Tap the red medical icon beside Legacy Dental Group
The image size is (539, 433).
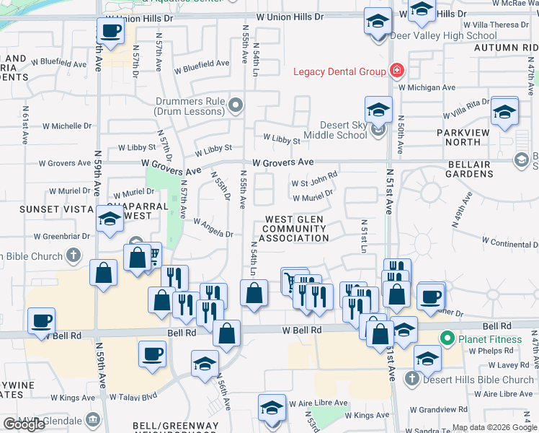click(x=396, y=71)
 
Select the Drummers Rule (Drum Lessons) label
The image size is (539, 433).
click(x=189, y=106)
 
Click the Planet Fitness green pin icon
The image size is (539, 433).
click(x=447, y=338)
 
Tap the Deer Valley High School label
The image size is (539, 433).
click(x=443, y=35)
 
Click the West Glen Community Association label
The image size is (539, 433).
click(x=296, y=229)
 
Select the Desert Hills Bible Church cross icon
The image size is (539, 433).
click(x=411, y=379)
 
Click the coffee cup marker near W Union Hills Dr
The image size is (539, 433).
click(x=110, y=31)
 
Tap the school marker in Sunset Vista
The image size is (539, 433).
click(x=109, y=219)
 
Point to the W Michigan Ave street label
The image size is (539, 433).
click(x=427, y=87)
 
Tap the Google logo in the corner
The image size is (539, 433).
click(x=24, y=425)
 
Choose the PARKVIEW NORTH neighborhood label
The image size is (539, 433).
click(x=463, y=137)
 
